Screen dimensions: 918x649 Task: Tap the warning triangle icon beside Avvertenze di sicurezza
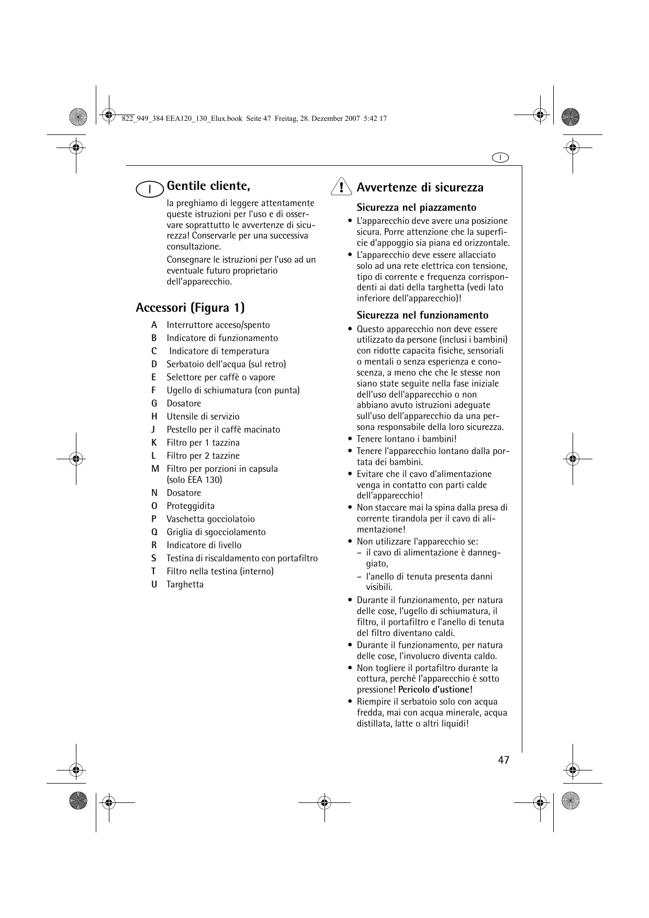click(341, 187)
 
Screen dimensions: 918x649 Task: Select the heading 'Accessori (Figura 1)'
click(190, 307)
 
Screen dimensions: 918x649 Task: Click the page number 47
click(503, 760)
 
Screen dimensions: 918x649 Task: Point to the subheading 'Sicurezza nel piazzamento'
click(417, 207)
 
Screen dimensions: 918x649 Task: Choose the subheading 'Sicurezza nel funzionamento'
click(422, 315)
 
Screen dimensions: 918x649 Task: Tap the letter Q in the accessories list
click(154, 532)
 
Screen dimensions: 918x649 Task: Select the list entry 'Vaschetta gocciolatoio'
click(210, 519)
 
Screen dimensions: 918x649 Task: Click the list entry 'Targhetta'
click(185, 584)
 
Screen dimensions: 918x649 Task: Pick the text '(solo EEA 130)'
click(194, 480)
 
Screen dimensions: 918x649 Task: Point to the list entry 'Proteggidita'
click(191, 506)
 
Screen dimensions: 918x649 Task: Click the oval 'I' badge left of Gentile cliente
click(150, 189)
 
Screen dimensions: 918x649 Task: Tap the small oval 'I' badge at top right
click(500, 157)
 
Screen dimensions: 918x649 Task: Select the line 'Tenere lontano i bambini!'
click(407, 439)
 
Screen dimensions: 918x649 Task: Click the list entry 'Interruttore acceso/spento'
click(218, 325)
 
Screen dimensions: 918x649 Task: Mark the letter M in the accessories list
click(155, 469)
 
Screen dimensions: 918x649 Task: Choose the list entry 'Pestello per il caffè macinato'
click(223, 429)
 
